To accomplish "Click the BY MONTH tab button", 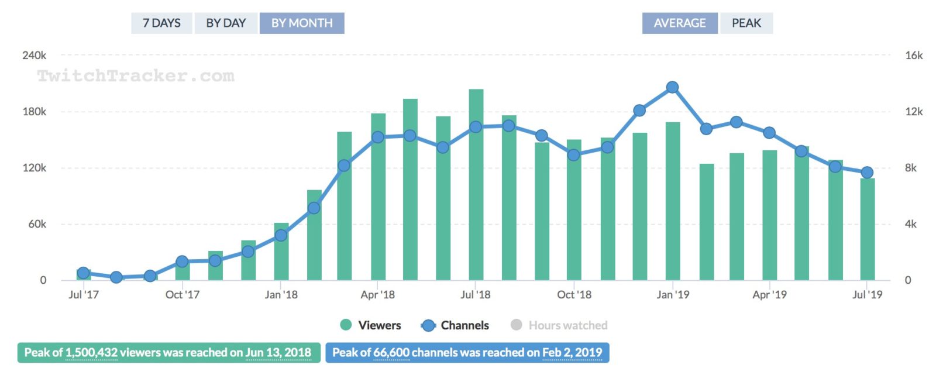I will [302, 23].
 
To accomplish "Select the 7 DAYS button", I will [161, 23].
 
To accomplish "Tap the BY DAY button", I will [226, 23].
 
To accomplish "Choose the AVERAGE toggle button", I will [679, 23].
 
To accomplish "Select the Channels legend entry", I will [455, 325].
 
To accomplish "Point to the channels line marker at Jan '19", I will [672, 87].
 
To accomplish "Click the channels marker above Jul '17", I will [83, 273].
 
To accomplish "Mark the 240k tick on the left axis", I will [35, 56].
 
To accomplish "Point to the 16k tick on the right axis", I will [913, 56].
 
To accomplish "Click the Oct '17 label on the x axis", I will [183, 295].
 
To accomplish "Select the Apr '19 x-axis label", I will [769, 295].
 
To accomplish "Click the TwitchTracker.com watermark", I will [136, 75].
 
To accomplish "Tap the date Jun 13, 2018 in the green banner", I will [278, 353].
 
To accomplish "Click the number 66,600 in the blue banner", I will [391, 353].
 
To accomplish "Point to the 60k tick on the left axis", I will [37, 224].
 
